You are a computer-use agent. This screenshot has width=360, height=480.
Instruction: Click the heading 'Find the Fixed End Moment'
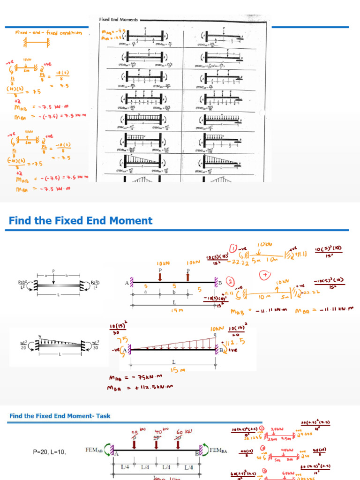(81, 220)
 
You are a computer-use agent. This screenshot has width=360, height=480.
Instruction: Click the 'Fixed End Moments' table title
(118, 20)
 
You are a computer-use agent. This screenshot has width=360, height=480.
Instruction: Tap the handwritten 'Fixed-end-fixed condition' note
(48, 33)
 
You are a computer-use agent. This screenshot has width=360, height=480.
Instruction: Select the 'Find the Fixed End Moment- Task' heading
(60, 416)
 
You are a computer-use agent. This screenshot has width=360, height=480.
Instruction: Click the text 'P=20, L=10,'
(49, 452)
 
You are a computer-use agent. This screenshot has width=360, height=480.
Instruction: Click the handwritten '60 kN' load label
(184, 431)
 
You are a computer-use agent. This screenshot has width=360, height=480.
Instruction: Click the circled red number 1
(233, 248)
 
